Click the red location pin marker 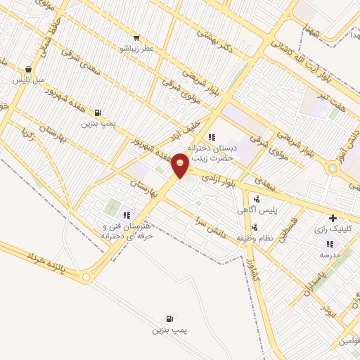click(x=181, y=165)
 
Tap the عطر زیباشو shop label click(x=136, y=48)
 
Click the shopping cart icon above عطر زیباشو click(x=136, y=38)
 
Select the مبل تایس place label click(x=28, y=79)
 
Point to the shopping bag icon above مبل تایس click(x=28, y=69)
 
